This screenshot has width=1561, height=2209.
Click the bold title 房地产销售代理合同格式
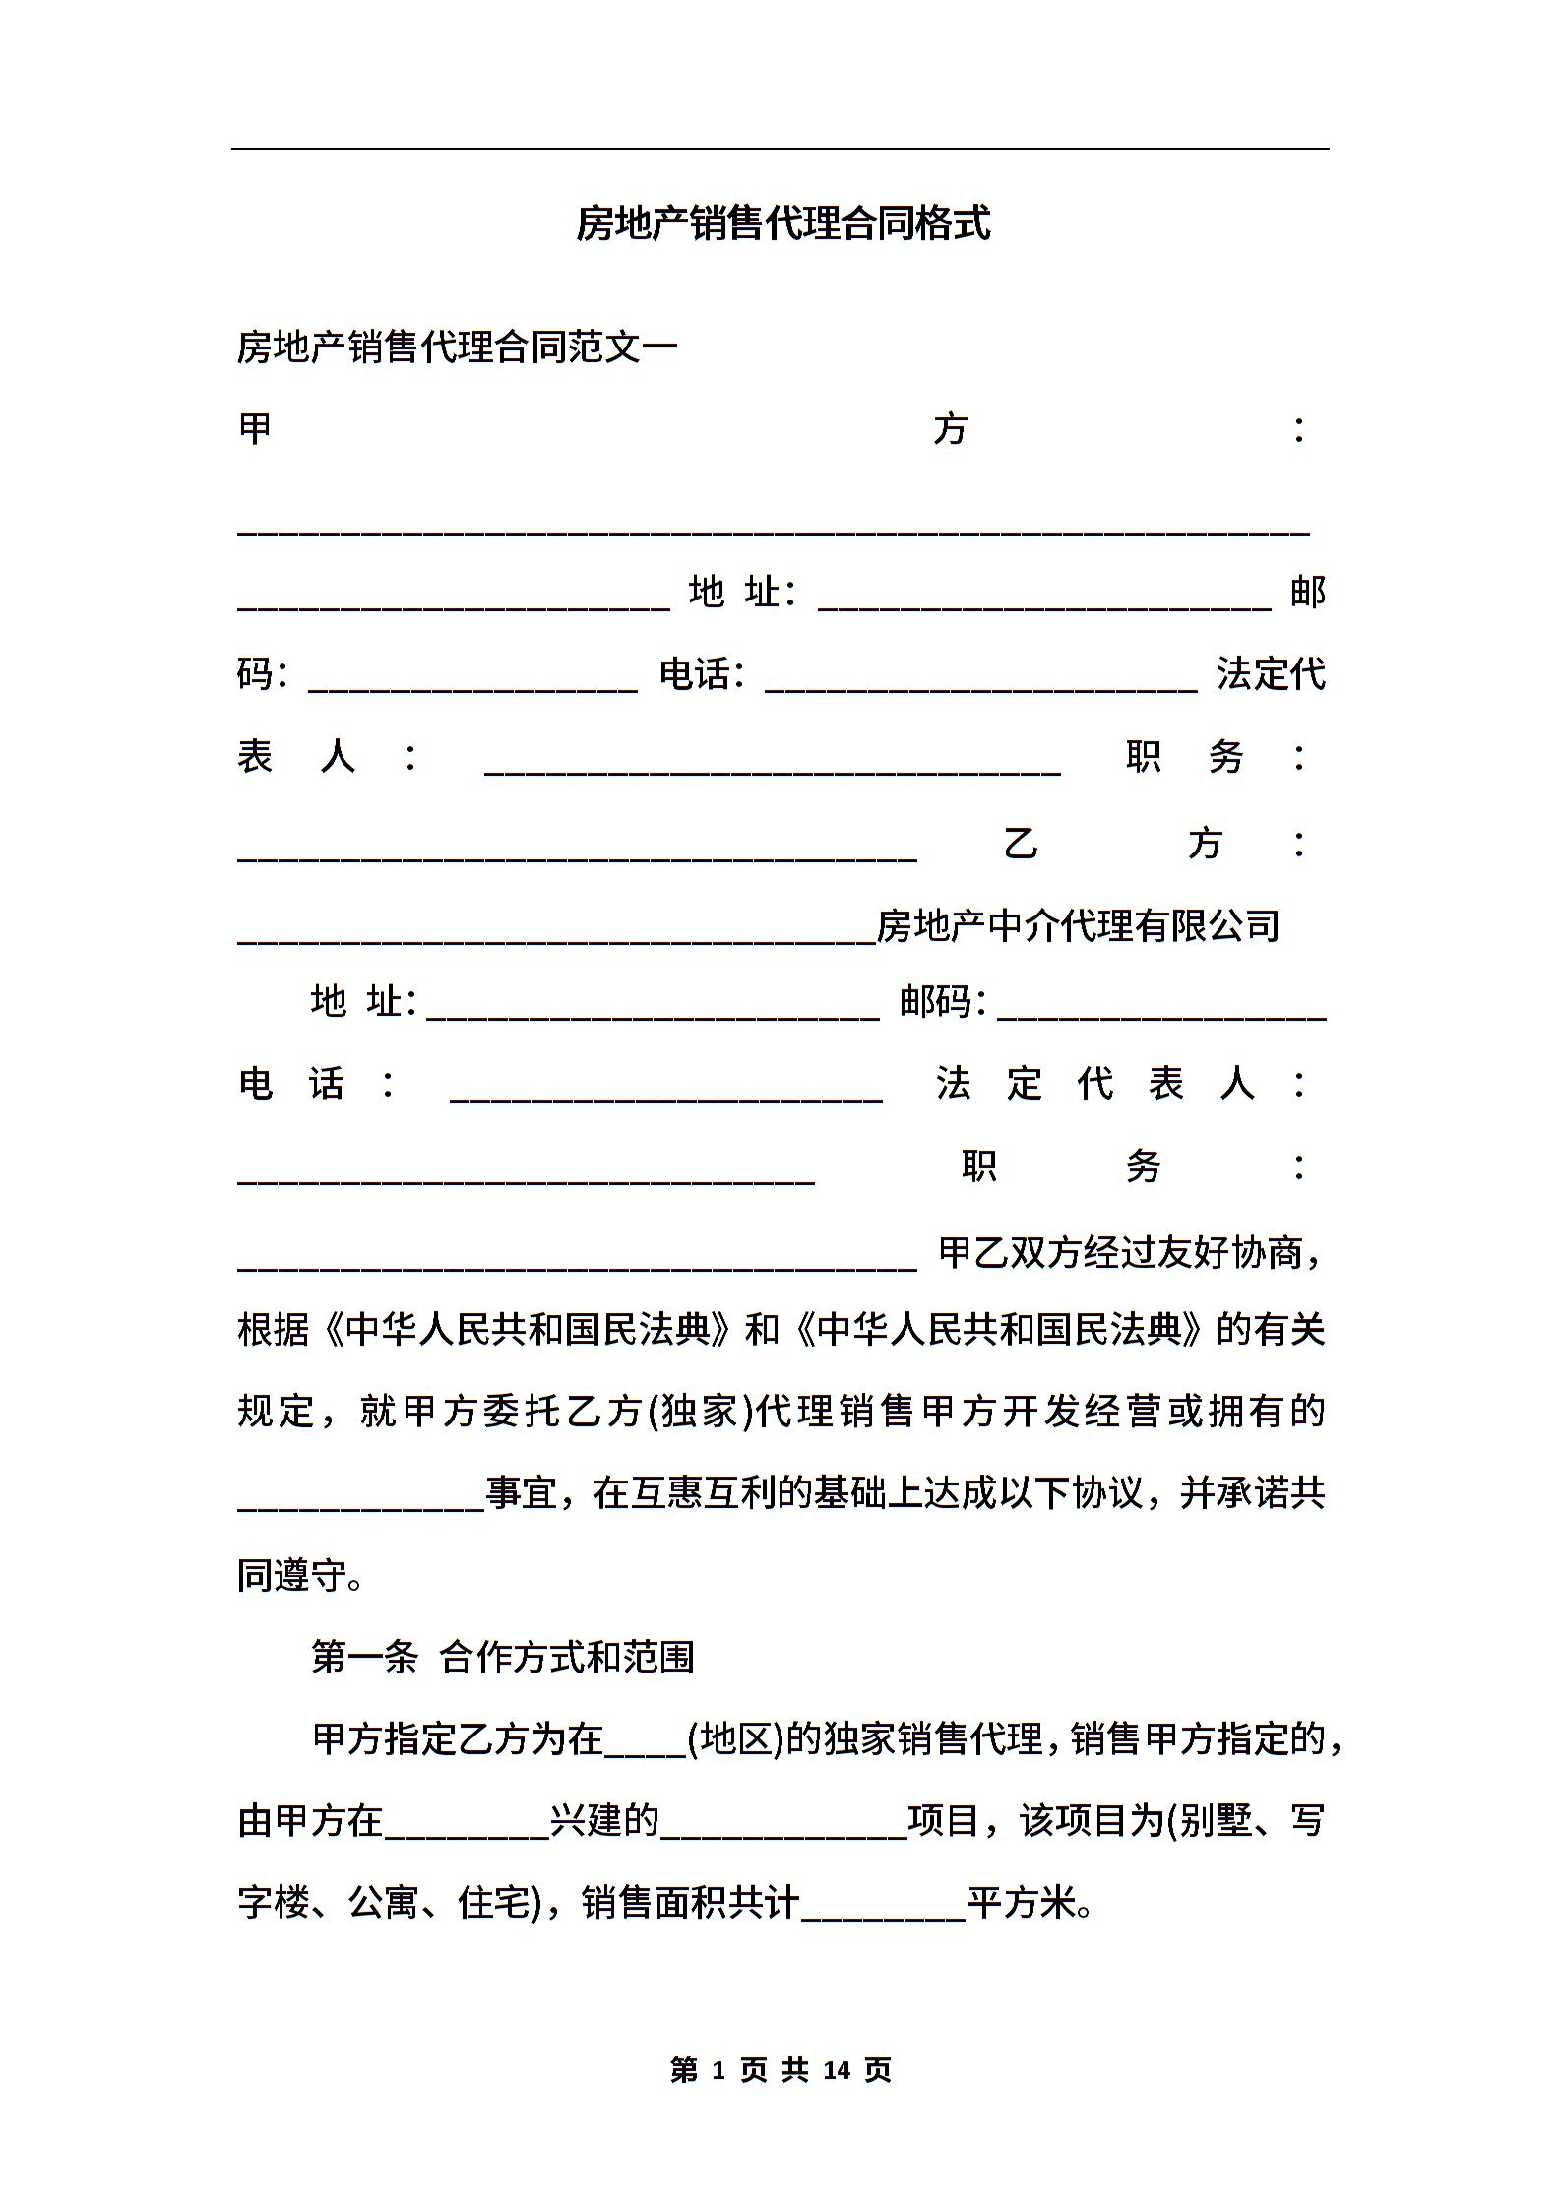pos(782,223)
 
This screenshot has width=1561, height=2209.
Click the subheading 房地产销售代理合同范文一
pos(457,347)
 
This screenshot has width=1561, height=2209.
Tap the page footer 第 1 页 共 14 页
pos(780,2070)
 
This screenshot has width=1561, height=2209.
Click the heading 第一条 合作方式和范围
pos(503,1658)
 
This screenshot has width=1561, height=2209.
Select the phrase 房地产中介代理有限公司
pos(1078,925)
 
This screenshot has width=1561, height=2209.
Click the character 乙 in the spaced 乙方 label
pos(1021,844)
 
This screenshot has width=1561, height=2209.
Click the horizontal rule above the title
pos(780,149)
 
